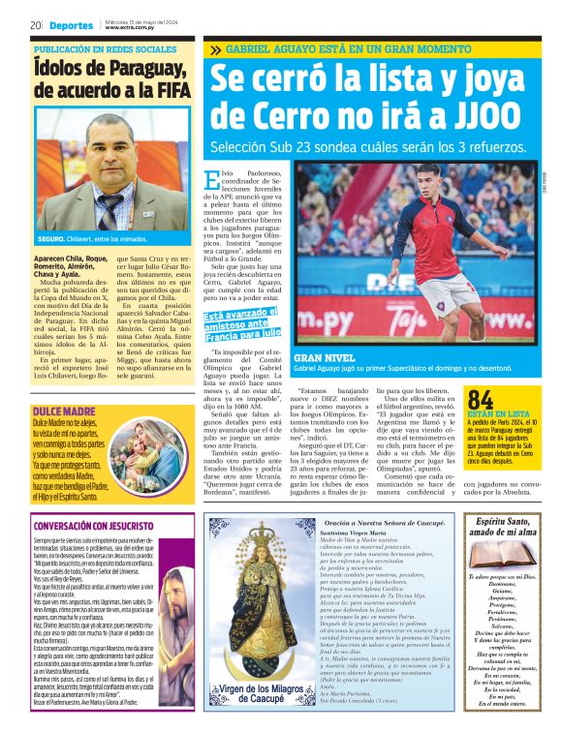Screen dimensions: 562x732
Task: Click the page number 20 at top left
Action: [35, 25]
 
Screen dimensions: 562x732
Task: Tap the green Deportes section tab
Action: [72, 25]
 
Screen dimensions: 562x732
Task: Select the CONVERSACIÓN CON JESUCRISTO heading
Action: [96, 527]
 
